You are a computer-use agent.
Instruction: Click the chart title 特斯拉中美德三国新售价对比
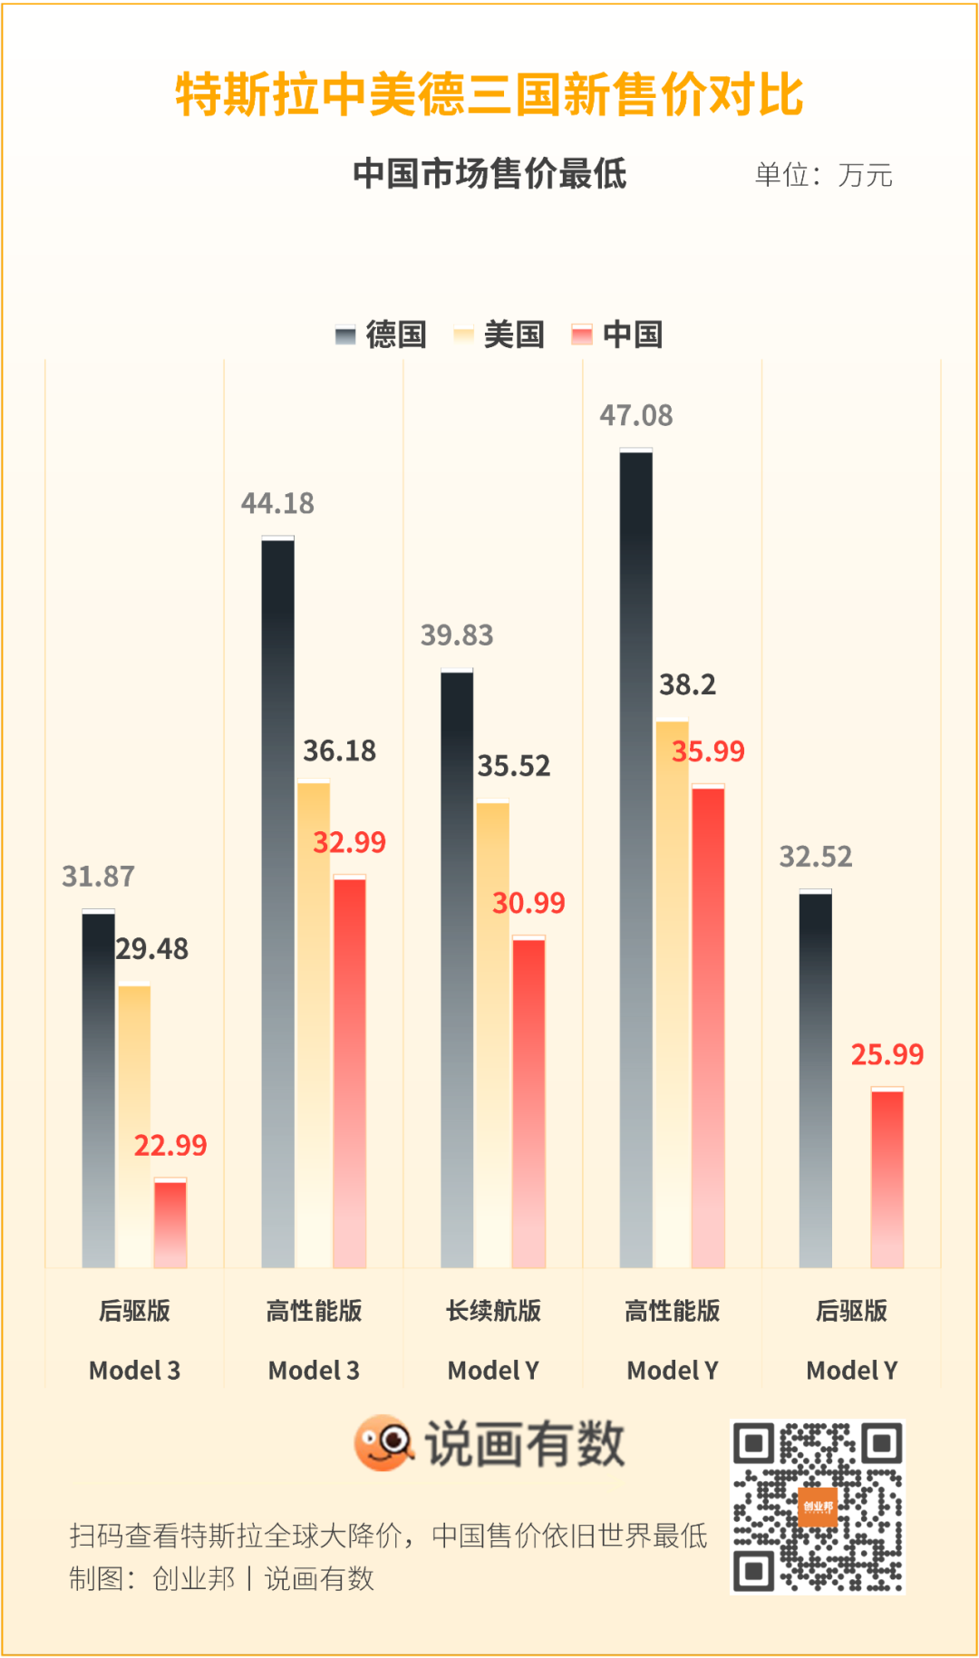tap(489, 95)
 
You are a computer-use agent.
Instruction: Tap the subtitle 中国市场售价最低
tap(489, 173)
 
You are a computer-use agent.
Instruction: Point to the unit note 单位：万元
tap(823, 175)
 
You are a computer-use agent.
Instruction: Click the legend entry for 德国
tap(382, 335)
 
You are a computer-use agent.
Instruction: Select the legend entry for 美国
tap(499, 335)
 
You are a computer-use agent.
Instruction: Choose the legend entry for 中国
tap(618, 335)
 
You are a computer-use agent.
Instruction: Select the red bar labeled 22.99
tap(170, 1223)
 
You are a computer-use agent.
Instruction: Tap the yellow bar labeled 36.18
tap(314, 1024)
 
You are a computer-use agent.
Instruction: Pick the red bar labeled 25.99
tap(887, 1178)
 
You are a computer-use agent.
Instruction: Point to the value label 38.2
tap(687, 684)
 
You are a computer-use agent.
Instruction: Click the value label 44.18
tap(277, 503)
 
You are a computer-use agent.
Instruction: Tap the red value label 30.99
tap(528, 903)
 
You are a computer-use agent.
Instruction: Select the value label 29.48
tap(152, 949)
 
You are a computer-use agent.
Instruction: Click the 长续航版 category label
tap(493, 1311)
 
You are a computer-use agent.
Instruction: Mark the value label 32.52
tap(816, 857)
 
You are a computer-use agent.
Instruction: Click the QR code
tap(818, 1507)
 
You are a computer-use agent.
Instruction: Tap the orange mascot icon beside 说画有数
tap(383, 1442)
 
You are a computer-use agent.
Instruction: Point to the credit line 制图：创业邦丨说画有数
tap(222, 1578)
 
